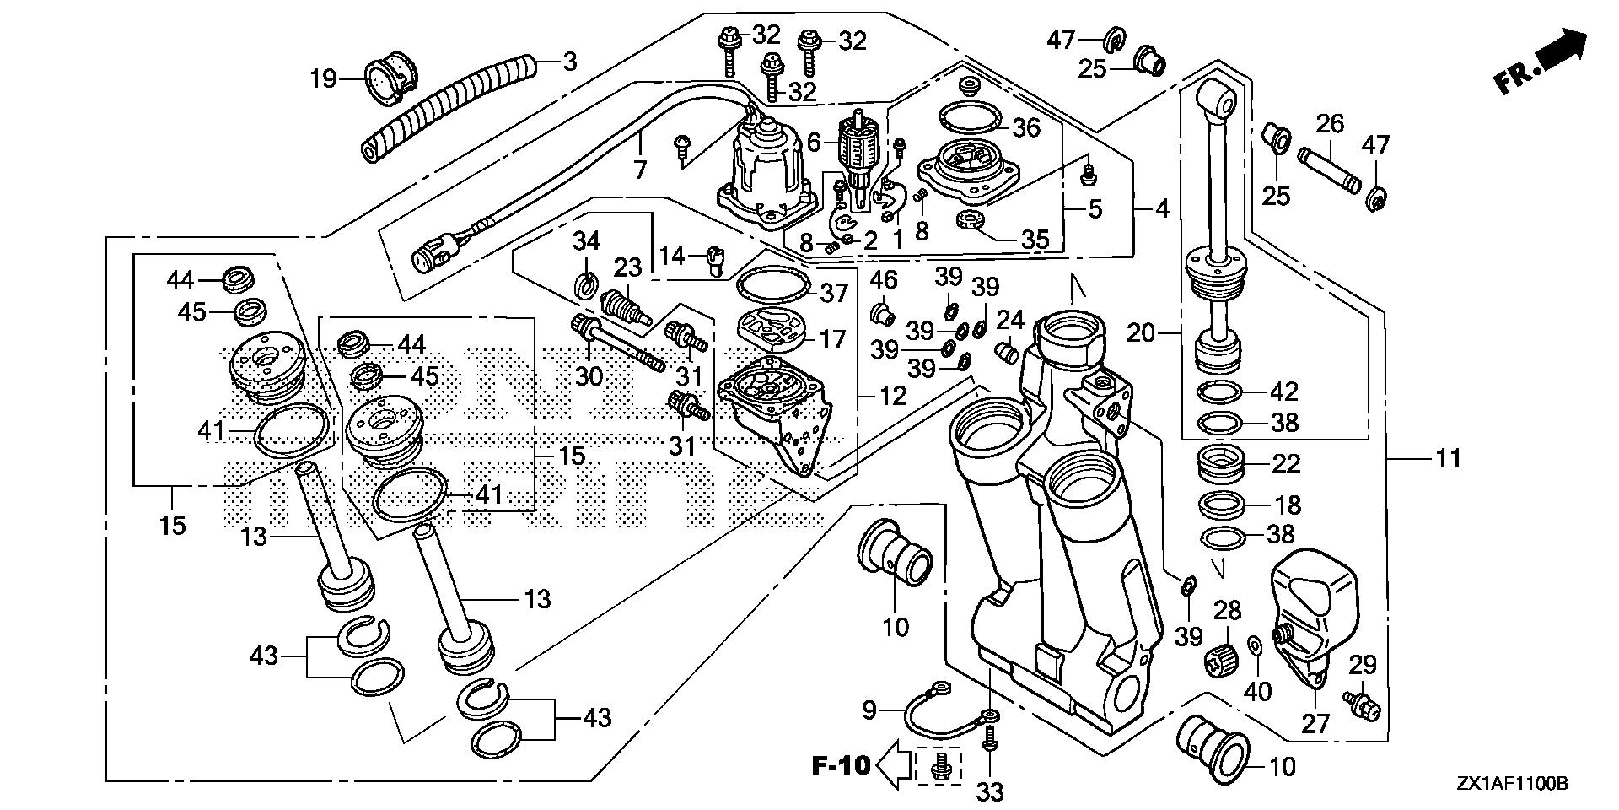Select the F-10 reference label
(x=840, y=765)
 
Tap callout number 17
(x=833, y=339)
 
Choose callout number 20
(x=1142, y=334)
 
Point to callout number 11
(x=1448, y=459)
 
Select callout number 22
(x=1286, y=463)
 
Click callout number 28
(x=1227, y=610)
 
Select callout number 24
(x=1009, y=321)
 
